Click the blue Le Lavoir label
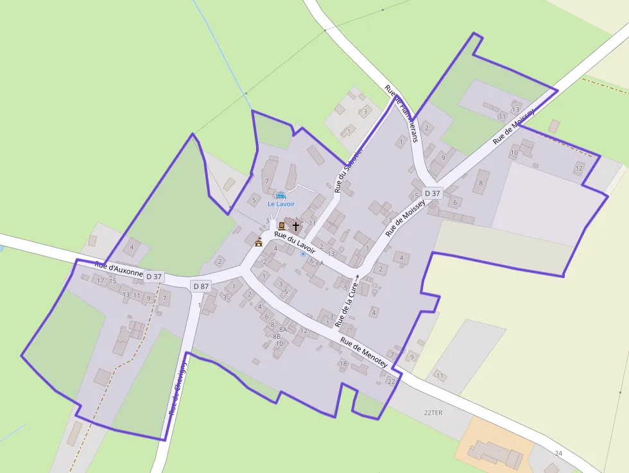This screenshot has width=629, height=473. click(280, 204)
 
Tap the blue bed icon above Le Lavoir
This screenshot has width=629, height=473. click(280, 195)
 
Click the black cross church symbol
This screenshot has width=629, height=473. click(295, 226)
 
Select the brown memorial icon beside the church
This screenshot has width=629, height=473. click(282, 225)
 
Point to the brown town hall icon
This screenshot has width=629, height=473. click(259, 242)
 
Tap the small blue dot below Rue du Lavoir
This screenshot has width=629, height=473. click(303, 254)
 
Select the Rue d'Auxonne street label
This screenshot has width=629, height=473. click(119, 268)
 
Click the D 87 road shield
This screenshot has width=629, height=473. click(201, 286)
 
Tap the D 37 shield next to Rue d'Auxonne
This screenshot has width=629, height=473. click(154, 277)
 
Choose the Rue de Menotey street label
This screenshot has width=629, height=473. click(364, 353)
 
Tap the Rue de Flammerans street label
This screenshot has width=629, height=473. click(402, 113)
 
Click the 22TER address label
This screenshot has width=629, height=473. click(434, 412)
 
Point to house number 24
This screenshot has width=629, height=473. click(558, 453)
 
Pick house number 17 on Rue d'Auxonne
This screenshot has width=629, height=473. click(100, 280)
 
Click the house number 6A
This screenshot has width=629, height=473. click(320, 263)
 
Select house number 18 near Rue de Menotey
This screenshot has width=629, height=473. click(343, 364)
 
